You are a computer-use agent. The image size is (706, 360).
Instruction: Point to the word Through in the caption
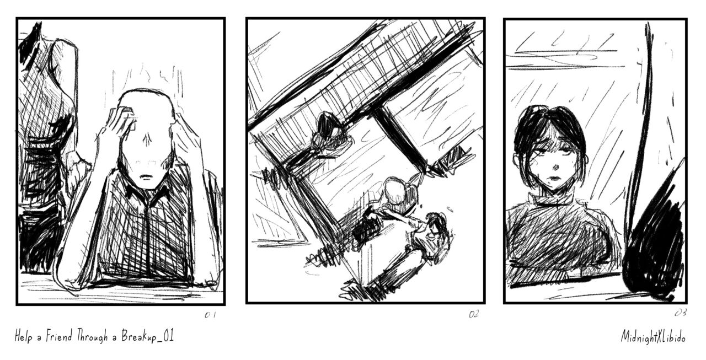(x=92, y=336)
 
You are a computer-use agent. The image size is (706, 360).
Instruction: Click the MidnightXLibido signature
(x=653, y=337)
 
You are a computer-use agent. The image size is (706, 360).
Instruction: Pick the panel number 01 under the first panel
(x=210, y=315)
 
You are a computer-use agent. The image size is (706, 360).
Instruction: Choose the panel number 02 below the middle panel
(x=474, y=314)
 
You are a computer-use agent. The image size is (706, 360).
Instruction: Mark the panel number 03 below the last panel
(x=681, y=313)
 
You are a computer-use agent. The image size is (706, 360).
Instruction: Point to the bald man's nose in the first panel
(x=147, y=140)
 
